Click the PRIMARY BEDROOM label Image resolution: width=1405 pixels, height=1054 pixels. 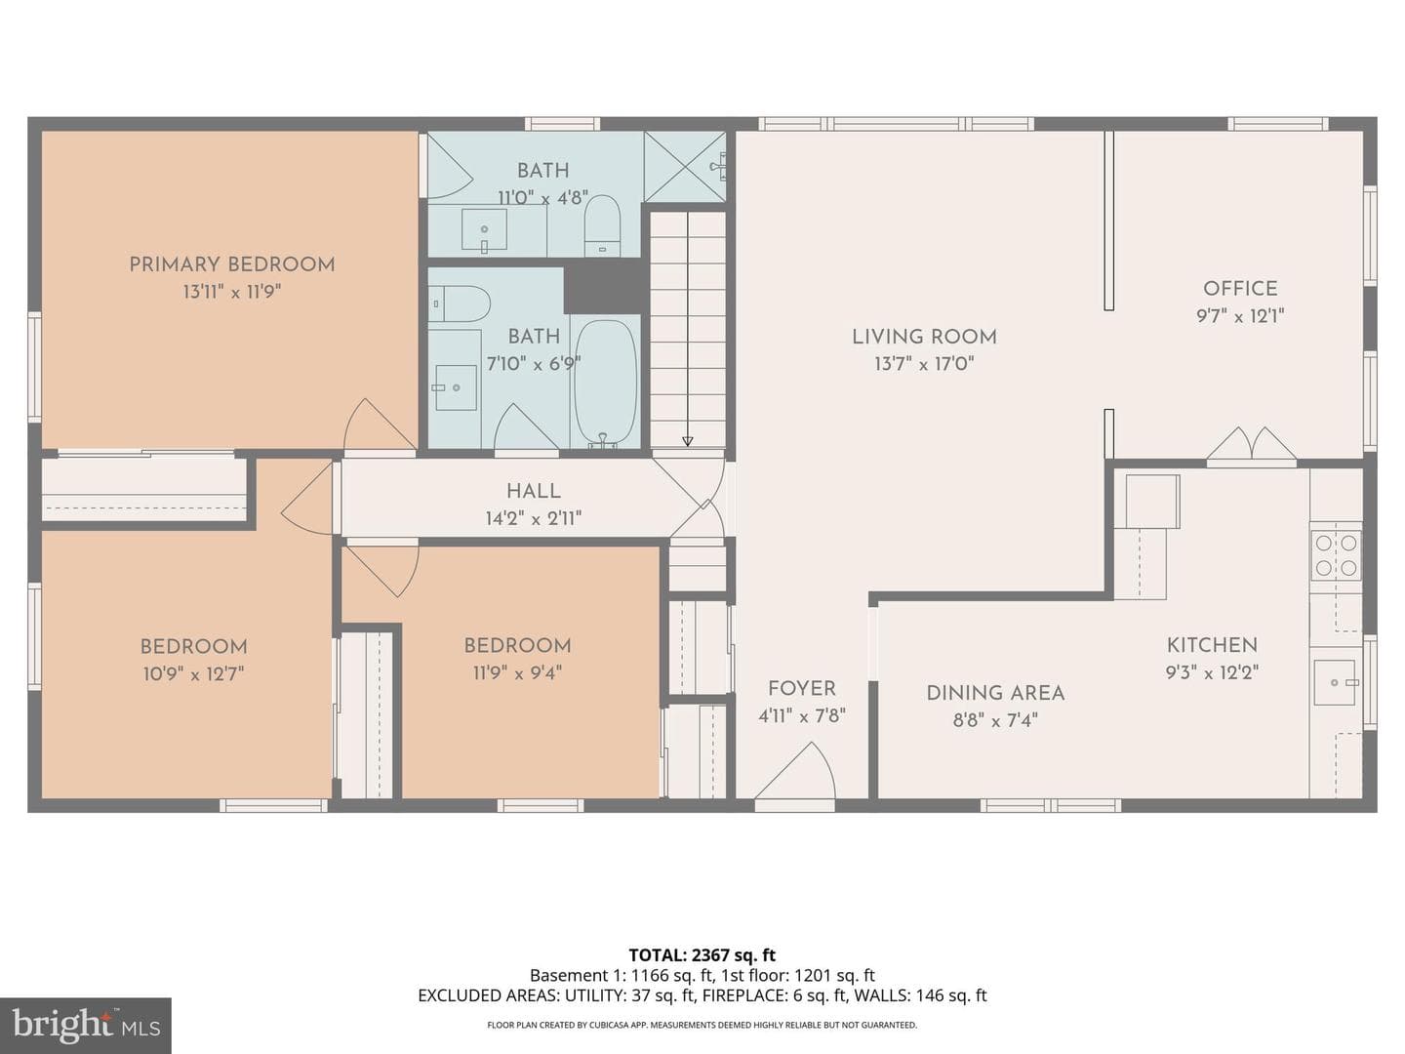(231, 264)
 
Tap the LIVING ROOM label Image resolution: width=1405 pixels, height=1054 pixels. (924, 337)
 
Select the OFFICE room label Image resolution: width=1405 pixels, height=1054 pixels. (1240, 289)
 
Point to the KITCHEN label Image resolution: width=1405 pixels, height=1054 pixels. (1213, 645)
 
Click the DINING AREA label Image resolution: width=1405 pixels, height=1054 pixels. (995, 693)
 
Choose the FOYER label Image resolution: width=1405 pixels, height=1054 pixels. (802, 689)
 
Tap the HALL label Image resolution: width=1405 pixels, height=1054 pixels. (533, 492)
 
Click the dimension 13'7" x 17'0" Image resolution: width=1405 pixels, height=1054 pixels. (924, 364)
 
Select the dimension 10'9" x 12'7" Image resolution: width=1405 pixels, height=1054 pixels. (194, 673)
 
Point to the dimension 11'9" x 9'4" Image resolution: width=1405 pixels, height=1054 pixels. (517, 673)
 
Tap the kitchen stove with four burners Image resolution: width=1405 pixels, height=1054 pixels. (1336, 555)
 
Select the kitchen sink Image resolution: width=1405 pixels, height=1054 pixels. (1335, 682)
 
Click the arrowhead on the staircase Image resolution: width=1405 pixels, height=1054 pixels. (688, 441)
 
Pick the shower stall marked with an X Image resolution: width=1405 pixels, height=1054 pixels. (685, 167)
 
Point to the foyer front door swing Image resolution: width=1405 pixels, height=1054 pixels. (795, 770)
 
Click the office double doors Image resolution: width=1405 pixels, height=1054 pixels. (1252, 443)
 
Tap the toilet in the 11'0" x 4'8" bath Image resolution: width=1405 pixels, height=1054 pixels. (602, 225)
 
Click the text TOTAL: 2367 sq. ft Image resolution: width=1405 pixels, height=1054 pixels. (702, 954)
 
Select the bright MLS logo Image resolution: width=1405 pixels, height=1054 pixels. (86, 1025)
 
